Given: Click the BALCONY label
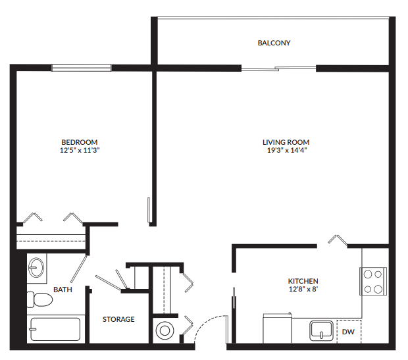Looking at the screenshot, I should pos(274,43).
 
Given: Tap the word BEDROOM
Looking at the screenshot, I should pos(79,142).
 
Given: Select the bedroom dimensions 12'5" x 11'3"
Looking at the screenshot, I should pos(79,150).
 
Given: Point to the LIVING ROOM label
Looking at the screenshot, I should pos(286,142).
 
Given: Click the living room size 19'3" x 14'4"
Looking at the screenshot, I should pos(286,150).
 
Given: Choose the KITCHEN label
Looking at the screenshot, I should pos(303,280).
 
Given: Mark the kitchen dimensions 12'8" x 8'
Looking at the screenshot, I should pos(303,289).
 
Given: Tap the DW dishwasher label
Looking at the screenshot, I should pos(348,332).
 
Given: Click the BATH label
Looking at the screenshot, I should pos(63,289).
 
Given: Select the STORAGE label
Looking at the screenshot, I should pos(118,319).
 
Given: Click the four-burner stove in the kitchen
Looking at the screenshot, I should pos(372,281).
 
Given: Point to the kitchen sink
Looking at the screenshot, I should pos(322,330).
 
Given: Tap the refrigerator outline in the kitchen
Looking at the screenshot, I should pos(276,326).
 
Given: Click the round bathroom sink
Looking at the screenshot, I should pos(37,268).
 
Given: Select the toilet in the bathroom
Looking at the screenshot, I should pos(40,300).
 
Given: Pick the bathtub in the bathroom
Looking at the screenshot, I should pos(55,329).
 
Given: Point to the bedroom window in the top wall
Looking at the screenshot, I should pos(82,67).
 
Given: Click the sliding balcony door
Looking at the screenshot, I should pos(279,67).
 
